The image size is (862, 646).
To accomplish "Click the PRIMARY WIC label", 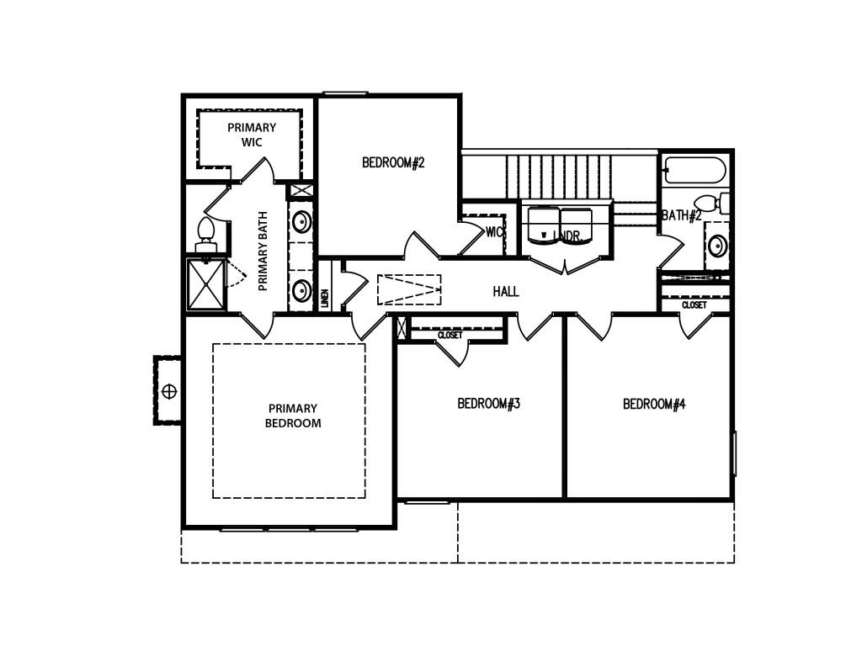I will [x=251, y=135].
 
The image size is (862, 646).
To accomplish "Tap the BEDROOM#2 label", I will [x=393, y=162].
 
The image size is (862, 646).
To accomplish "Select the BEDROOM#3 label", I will [x=488, y=404].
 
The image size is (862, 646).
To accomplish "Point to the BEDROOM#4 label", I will [x=654, y=404].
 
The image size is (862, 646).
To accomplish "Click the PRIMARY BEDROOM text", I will [x=292, y=416].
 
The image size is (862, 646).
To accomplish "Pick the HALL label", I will [x=506, y=292].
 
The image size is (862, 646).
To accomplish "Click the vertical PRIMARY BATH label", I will [x=263, y=251].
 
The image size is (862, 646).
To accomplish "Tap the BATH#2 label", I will [x=681, y=215].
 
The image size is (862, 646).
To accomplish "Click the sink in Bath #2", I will [x=717, y=246].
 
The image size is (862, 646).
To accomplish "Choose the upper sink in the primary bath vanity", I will [x=301, y=222].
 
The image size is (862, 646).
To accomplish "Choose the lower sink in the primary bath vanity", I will [x=301, y=291].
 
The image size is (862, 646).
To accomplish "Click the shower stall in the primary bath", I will [x=205, y=284].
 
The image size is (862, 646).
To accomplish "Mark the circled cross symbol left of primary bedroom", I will [x=169, y=391].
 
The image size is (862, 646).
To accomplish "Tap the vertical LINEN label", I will [x=325, y=298].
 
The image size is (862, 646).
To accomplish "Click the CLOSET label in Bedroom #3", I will [x=450, y=335].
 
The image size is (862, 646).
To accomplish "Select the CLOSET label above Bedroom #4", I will [x=694, y=304].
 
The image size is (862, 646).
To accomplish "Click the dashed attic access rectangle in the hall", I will [x=409, y=289].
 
